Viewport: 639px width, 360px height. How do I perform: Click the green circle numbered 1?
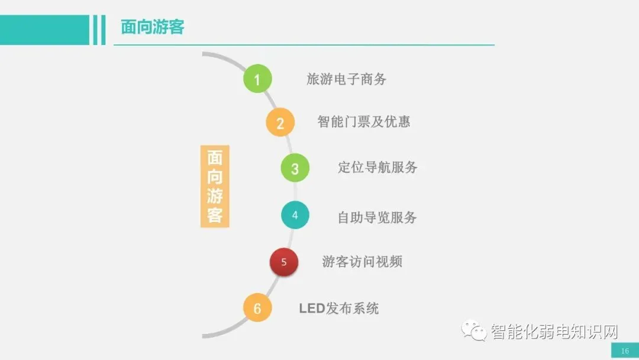(257, 79)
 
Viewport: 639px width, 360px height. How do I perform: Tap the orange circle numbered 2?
(280, 123)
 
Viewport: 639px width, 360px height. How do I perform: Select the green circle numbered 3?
(295, 168)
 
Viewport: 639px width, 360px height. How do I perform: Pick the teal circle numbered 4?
(295, 215)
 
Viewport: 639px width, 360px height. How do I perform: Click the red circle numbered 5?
(284, 262)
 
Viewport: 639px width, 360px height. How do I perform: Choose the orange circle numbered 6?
(257, 308)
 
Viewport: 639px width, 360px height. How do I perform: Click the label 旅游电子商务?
(346, 79)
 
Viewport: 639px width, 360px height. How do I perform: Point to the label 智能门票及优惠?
(363, 121)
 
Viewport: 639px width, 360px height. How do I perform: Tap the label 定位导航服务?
(377, 167)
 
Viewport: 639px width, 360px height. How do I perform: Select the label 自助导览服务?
(377, 217)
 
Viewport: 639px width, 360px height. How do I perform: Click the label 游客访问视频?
(362, 261)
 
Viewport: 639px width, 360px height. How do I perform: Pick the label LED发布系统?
(338, 308)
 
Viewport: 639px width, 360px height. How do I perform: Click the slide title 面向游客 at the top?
(152, 27)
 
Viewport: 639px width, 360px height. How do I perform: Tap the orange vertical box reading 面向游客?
(215, 187)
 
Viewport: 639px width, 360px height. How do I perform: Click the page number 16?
(625, 351)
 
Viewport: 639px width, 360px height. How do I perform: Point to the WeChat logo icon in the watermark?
(475, 330)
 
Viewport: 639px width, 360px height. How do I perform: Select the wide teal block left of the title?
(44, 30)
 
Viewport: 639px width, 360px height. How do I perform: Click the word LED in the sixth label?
(312, 308)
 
